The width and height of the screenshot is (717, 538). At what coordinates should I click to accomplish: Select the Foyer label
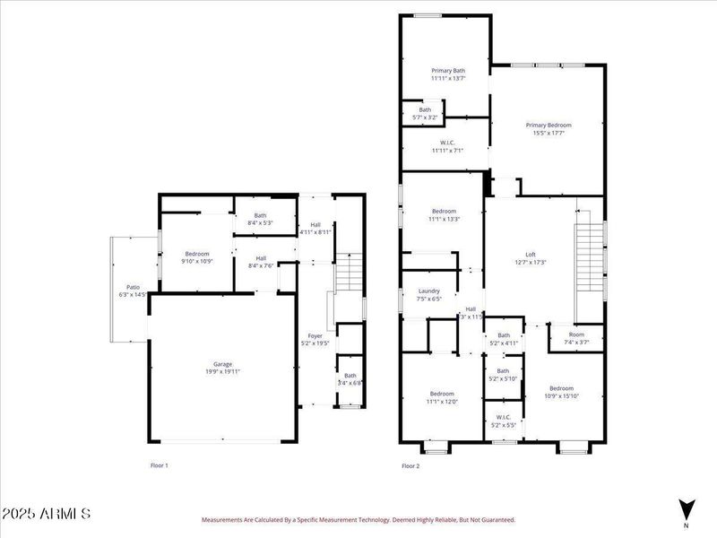(x=315, y=338)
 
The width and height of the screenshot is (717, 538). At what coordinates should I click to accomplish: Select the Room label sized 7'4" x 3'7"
(x=576, y=337)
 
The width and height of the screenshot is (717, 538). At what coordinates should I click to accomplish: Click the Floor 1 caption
(x=159, y=465)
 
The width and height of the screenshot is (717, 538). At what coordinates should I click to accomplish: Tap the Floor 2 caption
(x=410, y=465)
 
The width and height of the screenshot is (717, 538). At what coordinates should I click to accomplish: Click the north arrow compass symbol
(x=687, y=508)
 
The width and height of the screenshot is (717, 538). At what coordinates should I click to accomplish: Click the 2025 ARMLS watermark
(x=47, y=515)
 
